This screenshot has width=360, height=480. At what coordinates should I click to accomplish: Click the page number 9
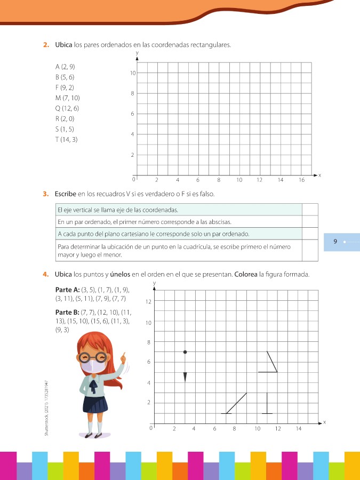335,242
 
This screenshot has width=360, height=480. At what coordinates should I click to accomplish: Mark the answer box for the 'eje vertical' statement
310,210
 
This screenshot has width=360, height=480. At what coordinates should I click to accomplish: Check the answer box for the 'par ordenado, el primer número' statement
310,221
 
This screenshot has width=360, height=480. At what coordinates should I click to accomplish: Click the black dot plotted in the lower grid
185,352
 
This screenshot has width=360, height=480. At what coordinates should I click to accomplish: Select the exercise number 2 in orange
46,45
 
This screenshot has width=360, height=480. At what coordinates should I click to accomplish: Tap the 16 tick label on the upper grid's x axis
301,180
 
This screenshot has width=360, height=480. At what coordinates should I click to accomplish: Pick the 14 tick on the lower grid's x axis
298,429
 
